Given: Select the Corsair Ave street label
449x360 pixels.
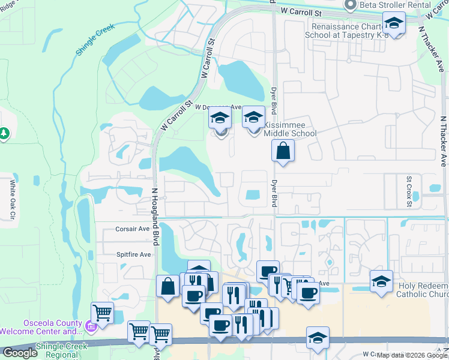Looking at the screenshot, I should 132,229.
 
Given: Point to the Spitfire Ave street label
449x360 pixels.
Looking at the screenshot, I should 133,254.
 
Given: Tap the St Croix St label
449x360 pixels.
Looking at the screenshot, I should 409,190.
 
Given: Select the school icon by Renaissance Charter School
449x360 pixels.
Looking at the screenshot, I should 394,23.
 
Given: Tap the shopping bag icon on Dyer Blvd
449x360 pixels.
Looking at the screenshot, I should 283,151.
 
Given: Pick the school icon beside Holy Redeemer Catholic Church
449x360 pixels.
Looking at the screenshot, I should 381,281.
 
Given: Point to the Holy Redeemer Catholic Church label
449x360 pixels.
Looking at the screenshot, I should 423,290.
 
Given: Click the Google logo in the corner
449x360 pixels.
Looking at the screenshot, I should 19,353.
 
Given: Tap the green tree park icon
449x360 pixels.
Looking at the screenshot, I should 4,133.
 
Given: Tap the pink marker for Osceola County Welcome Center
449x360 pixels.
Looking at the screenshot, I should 90,326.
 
